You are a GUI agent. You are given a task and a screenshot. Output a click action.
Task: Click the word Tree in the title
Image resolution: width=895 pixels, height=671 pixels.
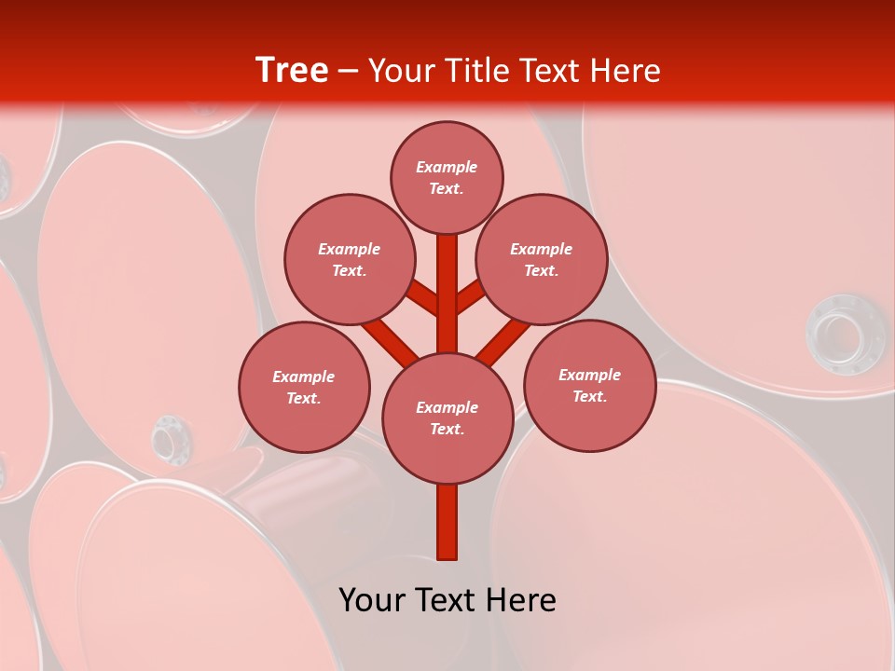click(x=292, y=70)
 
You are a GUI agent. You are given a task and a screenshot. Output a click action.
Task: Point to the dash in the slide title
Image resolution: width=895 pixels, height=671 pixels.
click(x=348, y=71)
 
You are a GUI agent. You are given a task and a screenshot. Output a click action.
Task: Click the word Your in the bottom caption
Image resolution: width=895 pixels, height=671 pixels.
click(x=370, y=600)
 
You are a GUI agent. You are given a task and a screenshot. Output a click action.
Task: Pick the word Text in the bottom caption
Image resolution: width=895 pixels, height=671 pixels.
click(x=446, y=600)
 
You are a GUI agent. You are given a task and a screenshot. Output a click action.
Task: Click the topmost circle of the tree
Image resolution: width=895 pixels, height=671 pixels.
click(x=447, y=177)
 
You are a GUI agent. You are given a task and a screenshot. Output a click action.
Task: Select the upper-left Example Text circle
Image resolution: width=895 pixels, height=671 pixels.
click(x=349, y=259)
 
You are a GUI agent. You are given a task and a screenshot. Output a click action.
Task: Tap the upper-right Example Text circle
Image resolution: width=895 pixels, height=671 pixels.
click(x=541, y=259)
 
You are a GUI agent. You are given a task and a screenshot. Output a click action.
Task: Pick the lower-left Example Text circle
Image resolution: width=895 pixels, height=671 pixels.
click(x=304, y=387)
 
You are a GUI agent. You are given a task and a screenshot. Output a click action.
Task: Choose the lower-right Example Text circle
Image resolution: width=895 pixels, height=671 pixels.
click(x=589, y=385)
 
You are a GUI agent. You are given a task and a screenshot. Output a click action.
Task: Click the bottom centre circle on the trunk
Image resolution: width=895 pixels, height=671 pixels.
click(x=447, y=418)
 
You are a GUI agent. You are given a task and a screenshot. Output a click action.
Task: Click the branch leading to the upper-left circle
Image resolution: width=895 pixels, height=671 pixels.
click(x=422, y=297)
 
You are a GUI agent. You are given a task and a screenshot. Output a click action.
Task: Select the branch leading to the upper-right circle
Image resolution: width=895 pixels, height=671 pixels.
click(x=471, y=297)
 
